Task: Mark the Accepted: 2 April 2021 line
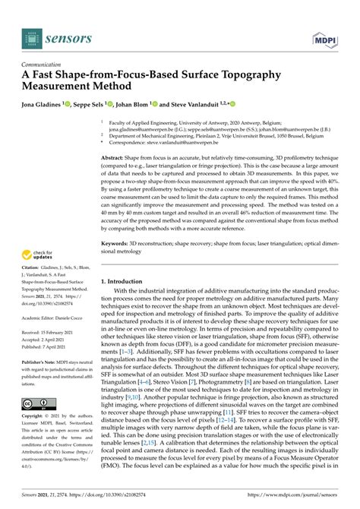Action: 46,340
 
